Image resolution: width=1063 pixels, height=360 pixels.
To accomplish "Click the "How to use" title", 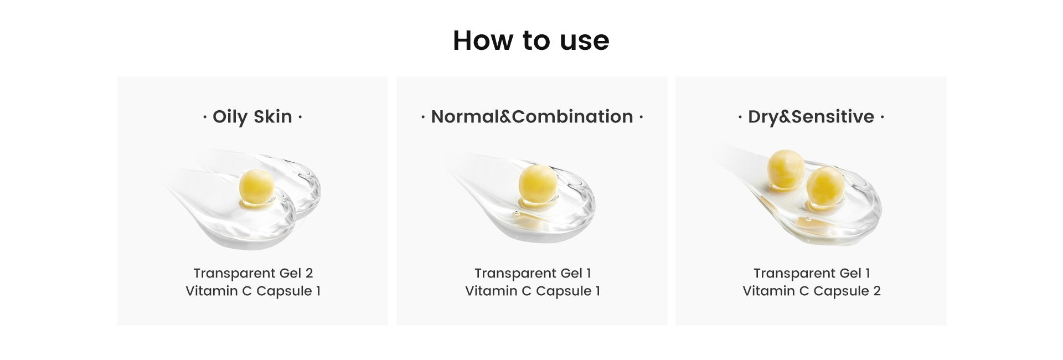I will [x=531, y=40].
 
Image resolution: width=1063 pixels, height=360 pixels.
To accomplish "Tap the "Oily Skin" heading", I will [x=252, y=117].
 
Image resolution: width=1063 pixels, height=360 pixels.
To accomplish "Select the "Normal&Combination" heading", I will [x=531, y=117].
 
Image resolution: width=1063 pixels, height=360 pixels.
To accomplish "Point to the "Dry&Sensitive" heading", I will [x=811, y=117].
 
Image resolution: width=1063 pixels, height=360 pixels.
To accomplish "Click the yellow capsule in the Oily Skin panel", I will [x=256, y=187].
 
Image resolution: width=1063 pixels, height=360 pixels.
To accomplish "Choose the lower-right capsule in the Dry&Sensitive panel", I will [x=825, y=186].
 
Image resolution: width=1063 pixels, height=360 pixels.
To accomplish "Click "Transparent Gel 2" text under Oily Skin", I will [x=253, y=273].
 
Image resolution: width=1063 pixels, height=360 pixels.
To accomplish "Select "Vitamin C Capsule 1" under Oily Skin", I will [x=253, y=291].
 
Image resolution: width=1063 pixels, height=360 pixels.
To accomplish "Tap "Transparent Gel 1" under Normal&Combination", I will [x=533, y=273].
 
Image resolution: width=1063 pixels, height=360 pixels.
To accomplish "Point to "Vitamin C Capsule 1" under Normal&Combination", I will [x=533, y=291].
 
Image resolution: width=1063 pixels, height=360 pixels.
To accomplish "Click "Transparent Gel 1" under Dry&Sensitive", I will [x=812, y=273].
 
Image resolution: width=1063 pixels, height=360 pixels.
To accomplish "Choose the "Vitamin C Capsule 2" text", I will [x=812, y=291].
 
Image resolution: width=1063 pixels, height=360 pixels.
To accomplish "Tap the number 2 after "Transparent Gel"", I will [x=309, y=273].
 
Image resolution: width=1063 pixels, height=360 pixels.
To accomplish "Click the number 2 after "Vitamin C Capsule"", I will [x=876, y=291].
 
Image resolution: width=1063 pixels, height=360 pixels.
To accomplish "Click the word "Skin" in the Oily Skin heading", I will [x=272, y=117].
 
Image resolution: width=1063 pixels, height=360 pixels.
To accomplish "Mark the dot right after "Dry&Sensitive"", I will [x=882, y=117].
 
